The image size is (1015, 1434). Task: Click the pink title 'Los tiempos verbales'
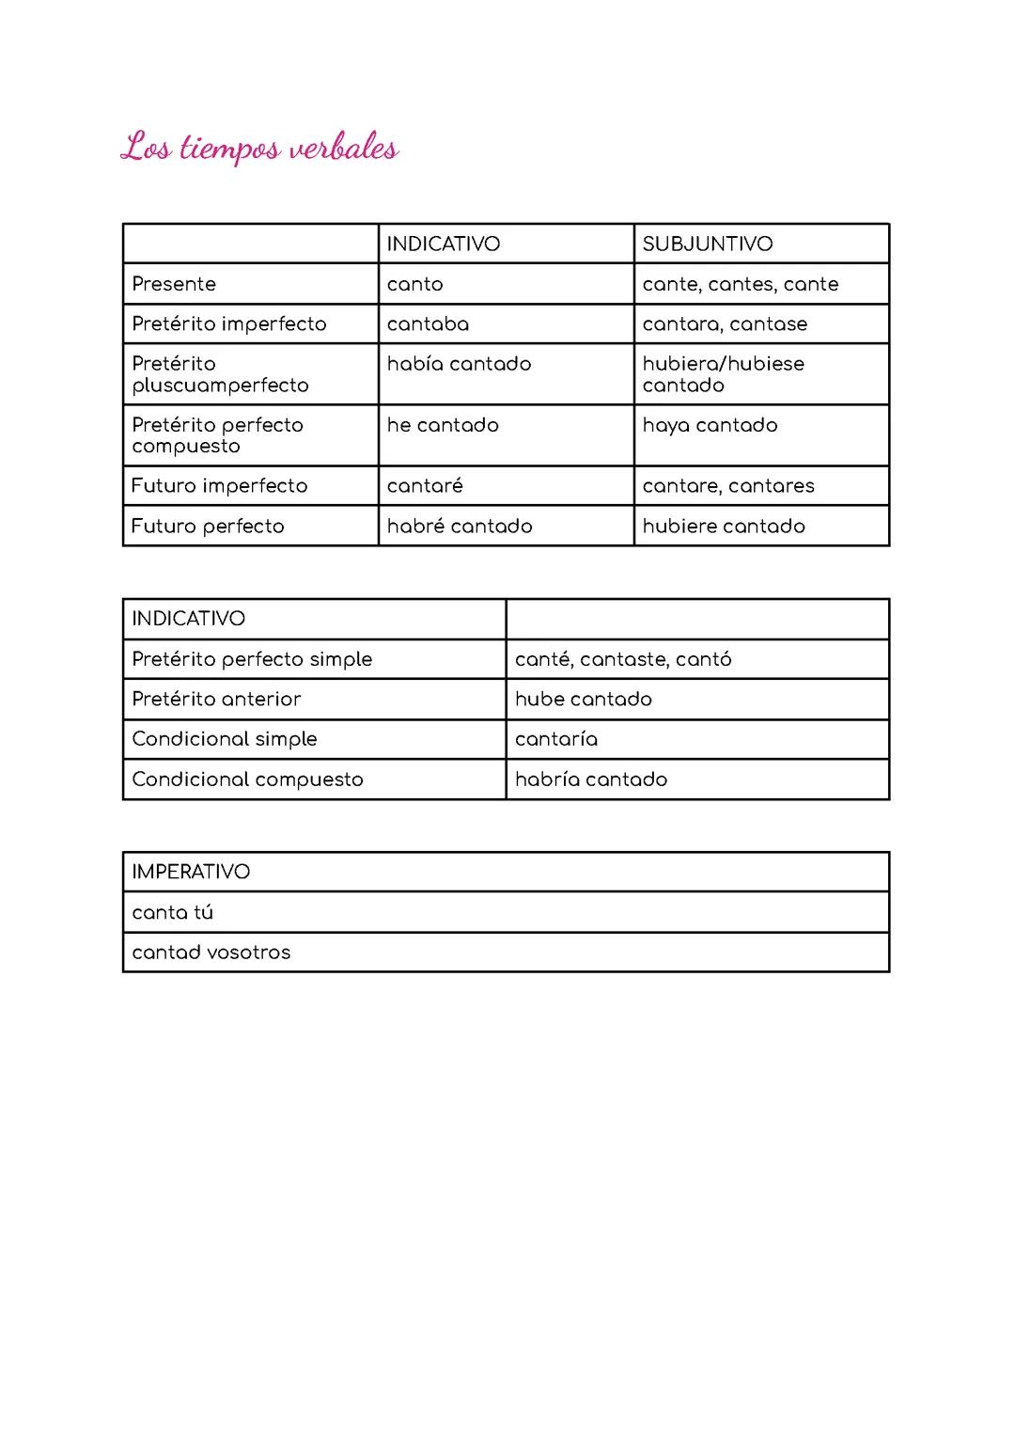(259, 149)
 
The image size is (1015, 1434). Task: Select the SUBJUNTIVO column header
(707, 244)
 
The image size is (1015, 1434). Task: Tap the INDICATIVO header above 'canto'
(443, 244)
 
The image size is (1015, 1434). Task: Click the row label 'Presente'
(174, 284)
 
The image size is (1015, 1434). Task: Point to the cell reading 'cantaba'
(428, 324)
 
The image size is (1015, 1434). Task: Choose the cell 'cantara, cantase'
(725, 324)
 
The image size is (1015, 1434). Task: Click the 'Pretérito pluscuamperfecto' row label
(220, 374)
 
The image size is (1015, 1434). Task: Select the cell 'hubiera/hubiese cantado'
(723, 374)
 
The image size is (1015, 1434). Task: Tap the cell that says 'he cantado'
(443, 425)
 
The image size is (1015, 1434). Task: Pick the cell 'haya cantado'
(710, 425)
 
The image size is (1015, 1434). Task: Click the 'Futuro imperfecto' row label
(219, 486)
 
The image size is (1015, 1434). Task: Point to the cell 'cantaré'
(425, 486)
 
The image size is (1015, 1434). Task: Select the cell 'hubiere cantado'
(724, 527)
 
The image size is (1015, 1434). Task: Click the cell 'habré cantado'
(460, 527)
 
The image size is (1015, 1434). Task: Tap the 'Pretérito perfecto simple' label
(252, 659)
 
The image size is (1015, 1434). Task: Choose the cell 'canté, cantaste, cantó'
(623, 659)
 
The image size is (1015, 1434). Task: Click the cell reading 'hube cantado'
(583, 700)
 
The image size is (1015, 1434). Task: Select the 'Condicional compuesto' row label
(247, 780)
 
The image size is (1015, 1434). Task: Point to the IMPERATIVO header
(191, 873)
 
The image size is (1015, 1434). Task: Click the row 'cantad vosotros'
(211, 953)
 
